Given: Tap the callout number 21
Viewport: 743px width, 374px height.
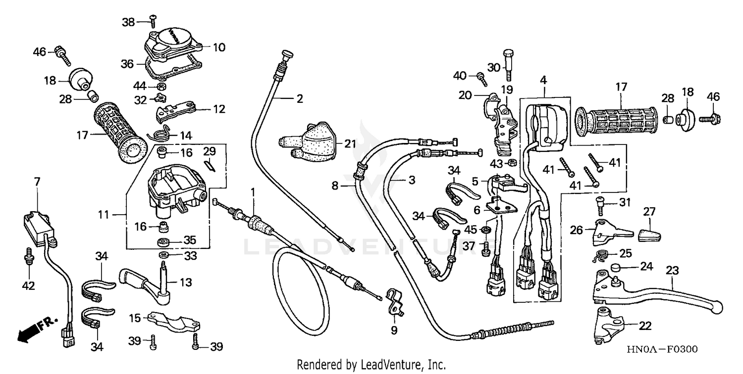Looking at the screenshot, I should click(350, 144).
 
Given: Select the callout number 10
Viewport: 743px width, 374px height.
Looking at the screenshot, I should click(219, 47).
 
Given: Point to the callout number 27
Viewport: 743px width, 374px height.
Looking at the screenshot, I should click(649, 212).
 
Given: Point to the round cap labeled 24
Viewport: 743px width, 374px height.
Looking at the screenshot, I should click(616, 268).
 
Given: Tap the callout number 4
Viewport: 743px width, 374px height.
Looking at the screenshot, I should click(543, 79).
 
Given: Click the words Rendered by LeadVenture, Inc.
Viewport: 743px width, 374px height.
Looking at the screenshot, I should click(371, 365).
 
